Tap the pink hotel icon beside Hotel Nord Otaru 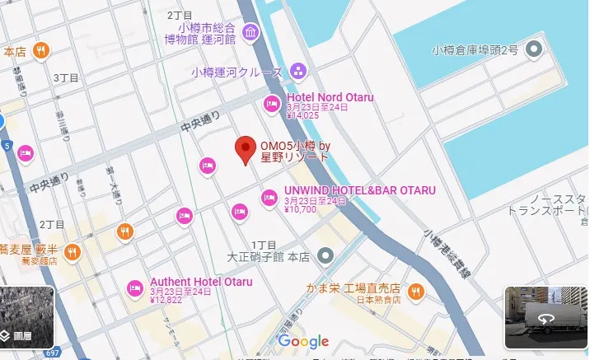271,105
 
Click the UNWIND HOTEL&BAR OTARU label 359,190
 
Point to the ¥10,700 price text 301,209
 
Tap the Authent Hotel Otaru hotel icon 135,288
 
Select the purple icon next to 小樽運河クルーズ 297,72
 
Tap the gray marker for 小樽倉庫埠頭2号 536,49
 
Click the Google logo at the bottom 302,341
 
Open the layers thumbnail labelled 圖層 27,317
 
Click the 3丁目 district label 65,78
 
